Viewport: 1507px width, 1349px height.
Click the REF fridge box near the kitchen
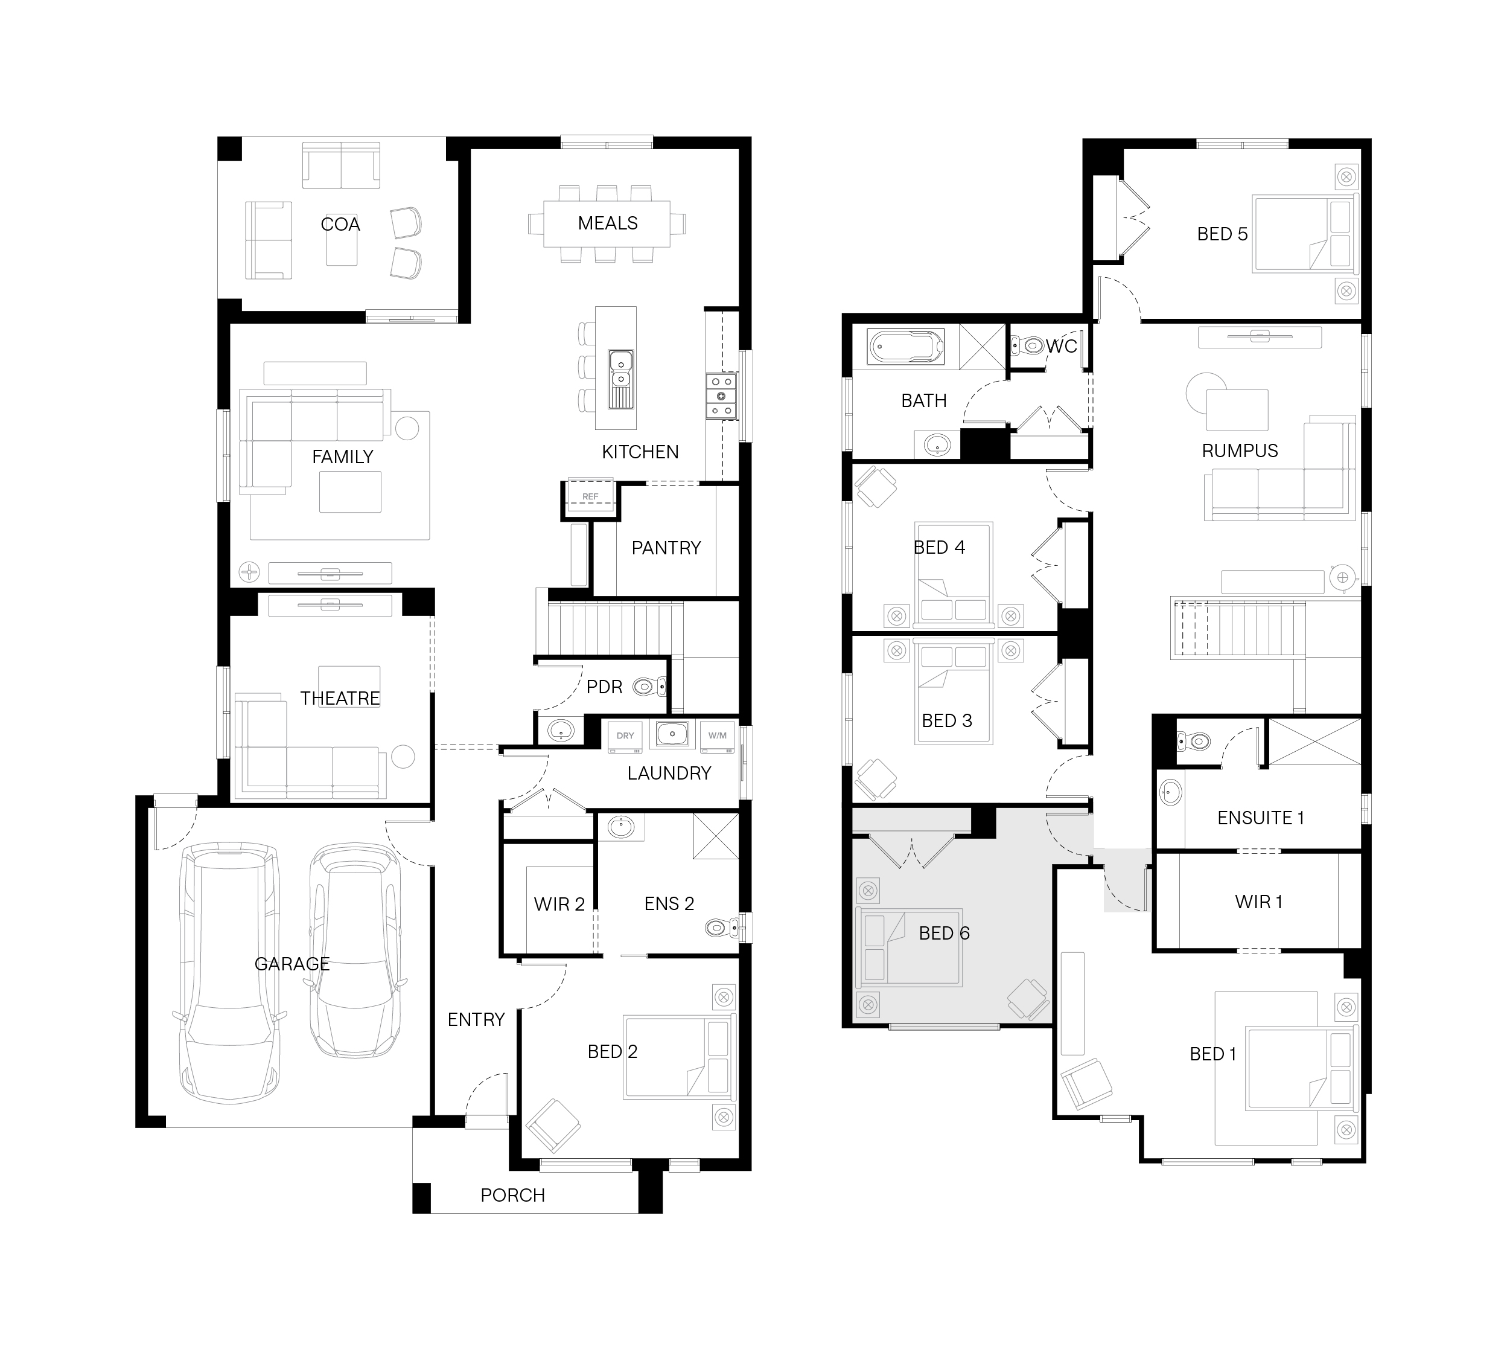coord(590,496)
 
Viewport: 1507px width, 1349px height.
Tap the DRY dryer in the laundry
coord(625,736)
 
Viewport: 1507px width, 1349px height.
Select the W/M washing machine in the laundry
coord(717,736)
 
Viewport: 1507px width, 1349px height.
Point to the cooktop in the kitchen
coord(721,396)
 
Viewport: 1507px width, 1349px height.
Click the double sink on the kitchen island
coord(621,379)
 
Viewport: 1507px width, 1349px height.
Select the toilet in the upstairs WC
coord(1028,345)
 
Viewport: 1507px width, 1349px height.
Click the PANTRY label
coord(666,548)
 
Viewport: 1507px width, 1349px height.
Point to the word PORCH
coord(513,1195)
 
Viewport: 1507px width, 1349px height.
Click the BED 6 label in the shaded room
coord(944,933)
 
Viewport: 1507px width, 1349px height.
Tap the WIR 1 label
coord(1258,902)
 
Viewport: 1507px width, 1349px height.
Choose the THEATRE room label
coord(340,698)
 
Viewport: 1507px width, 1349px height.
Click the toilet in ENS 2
coord(722,926)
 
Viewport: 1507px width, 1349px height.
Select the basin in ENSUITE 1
coord(1170,792)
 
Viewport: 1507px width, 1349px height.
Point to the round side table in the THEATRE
coord(403,756)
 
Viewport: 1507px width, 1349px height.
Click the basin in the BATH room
coord(937,446)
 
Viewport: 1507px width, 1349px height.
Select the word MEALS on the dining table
coord(608,223)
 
